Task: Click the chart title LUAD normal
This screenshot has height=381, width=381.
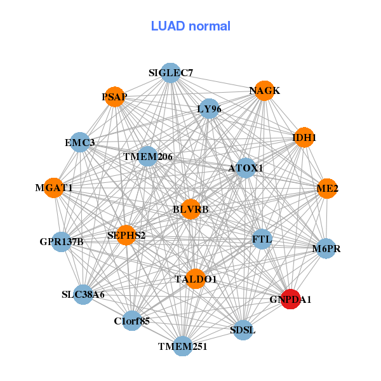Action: pos(190,26)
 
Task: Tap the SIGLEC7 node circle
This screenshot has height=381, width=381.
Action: pos(170,73)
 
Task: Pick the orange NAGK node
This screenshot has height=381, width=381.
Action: pos(264,91)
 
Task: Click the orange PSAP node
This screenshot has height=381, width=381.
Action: pos(114,97)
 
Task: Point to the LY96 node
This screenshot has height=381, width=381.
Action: pos(209,109)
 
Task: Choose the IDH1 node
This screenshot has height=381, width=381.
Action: pos(304,137)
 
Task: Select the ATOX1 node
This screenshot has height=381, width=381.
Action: pos(246,168)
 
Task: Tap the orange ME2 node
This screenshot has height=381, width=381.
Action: pos(327,189)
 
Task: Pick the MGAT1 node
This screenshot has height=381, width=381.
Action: pos(54,188)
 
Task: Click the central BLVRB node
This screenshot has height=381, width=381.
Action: pos(190,209)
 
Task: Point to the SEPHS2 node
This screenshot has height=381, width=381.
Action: pos(126,236)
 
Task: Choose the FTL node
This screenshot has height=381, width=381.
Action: pos(262,239)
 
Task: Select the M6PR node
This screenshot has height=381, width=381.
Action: pos(326,248)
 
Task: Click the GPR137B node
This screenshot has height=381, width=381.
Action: pos(62,241)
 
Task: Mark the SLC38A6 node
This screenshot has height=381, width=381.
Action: pos(83,295)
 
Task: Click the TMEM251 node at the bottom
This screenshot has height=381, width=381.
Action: pos(183,346)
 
